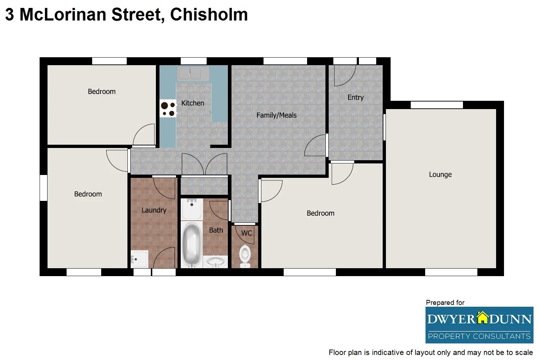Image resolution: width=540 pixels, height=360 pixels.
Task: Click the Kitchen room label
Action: point(193,103)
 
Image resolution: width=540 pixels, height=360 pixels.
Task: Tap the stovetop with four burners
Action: point(168,109)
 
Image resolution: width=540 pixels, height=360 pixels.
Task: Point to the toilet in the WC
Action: point(245,255)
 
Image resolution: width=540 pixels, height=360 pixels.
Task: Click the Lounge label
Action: point(440,175)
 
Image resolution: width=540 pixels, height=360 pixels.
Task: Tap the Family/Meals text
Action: point(276,115)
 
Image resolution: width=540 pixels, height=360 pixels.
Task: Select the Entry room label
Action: point(355,98)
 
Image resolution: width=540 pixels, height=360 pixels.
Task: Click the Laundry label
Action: point(154,210)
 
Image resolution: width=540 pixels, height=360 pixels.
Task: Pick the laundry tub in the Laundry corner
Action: point(139,259)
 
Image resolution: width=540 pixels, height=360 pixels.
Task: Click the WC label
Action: point(247,233)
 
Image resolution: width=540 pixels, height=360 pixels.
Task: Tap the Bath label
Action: point(216,230)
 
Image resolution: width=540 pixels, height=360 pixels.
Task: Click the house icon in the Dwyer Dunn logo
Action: point(482,318)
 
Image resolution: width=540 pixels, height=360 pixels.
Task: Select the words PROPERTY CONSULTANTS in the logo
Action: point(479,336)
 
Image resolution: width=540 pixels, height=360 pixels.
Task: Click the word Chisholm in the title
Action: point(209,15)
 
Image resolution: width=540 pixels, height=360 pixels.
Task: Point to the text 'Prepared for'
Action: point(445,303)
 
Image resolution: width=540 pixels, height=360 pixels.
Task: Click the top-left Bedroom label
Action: point(102,92)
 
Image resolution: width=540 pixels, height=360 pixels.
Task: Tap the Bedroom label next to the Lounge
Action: point(320,213)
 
